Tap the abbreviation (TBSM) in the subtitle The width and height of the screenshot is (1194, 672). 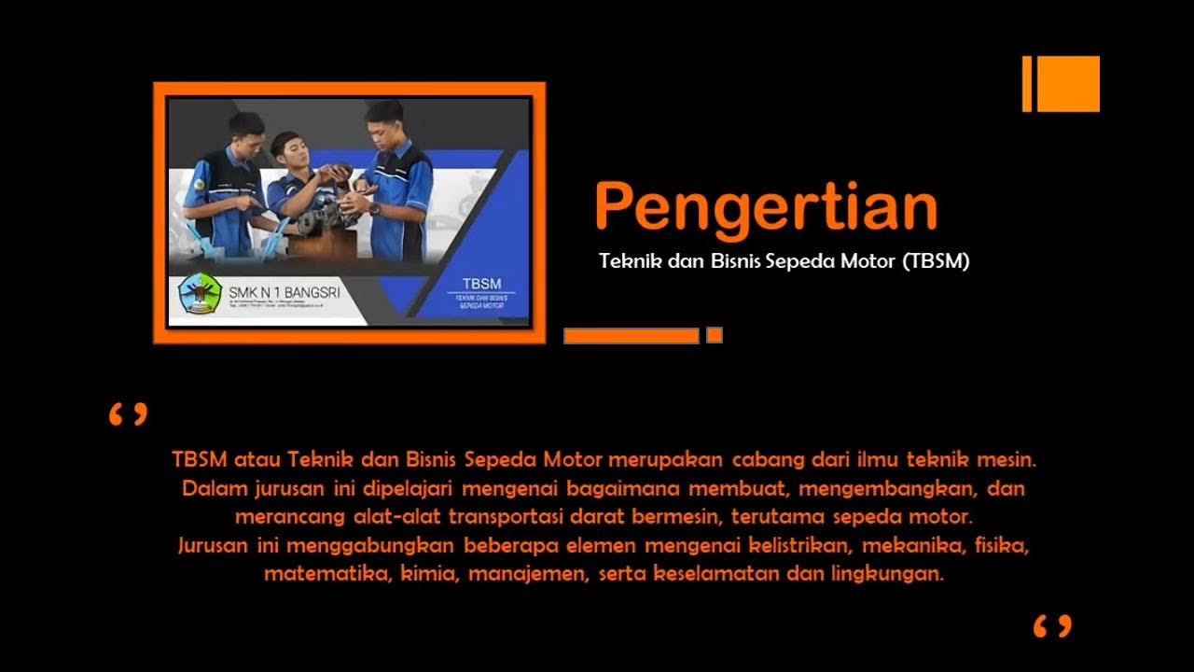[x=936, y=262]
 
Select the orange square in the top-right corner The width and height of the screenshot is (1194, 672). [x=1068, y=84]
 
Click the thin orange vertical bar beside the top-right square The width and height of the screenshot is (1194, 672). [x=1027, y=84]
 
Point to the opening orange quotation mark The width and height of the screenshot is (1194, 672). [x=128, y=414]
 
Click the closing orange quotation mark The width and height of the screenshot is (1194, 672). [x=1052, y=625]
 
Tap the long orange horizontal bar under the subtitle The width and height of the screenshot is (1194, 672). [x=631, y=336]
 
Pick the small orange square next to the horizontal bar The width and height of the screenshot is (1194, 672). [x=715, y=335]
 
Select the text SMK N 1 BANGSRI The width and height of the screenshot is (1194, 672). [x=284, y=293]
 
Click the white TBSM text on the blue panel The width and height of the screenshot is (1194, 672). [x=481, y=284]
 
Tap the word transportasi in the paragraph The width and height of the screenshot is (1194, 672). [x=515, y=516]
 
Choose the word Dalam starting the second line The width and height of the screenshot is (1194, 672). [x=209, y=488]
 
